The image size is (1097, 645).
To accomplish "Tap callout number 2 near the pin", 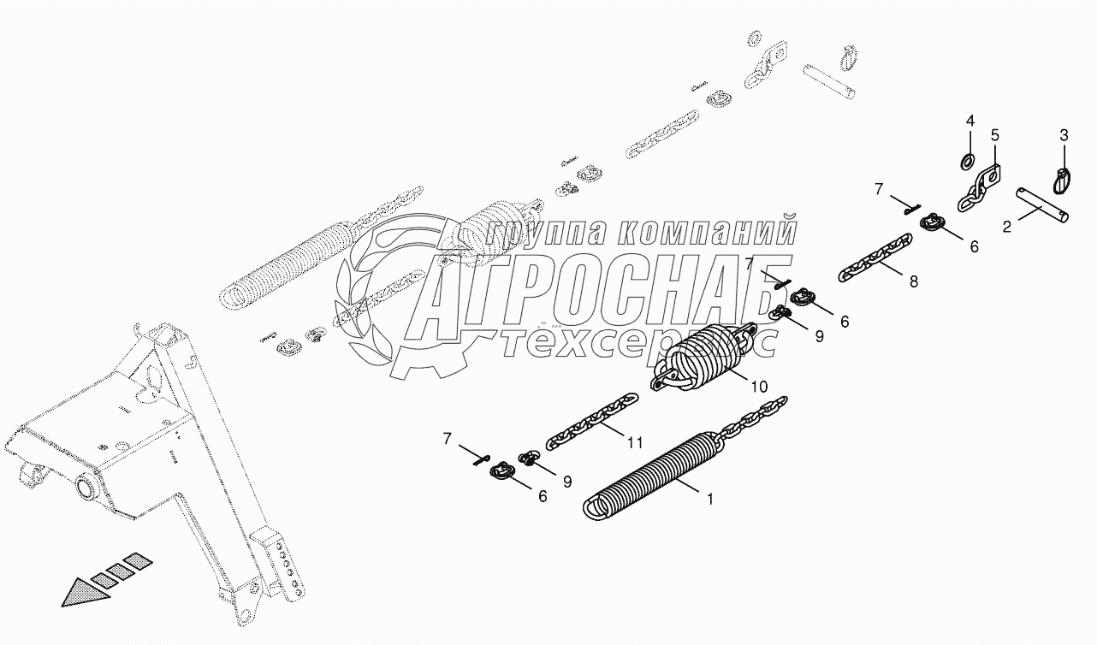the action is point(1007,227).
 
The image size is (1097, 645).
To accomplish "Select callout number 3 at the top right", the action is point(1064,135).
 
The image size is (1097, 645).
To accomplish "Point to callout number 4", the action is point(970,120).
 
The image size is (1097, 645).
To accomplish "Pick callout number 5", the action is point(995,135).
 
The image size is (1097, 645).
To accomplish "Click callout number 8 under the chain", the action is point(914,281).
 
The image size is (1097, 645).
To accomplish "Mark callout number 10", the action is point(761,388).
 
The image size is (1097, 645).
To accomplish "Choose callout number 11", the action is point(634,442).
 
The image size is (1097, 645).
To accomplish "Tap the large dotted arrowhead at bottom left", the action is point(89,591).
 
